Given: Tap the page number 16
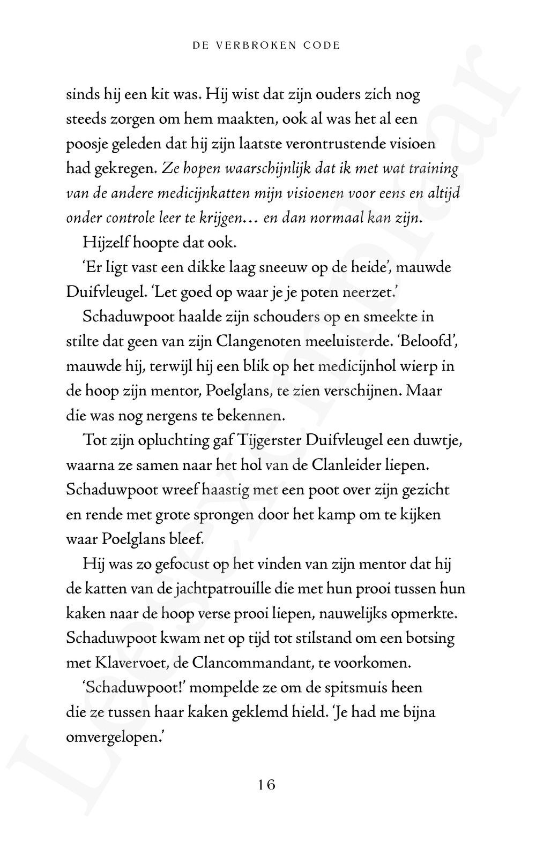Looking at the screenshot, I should tap(266, 785).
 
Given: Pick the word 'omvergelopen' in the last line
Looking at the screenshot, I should tap(110, 737).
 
